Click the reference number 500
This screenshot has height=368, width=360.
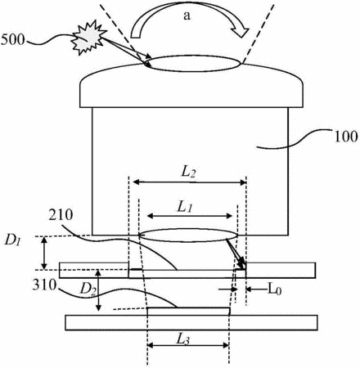pos(12,39)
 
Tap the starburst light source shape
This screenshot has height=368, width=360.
pos(88,38)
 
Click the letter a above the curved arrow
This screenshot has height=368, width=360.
pos(187,16)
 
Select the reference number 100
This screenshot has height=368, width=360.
pos(346,137)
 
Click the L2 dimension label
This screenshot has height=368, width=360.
pos(188,172)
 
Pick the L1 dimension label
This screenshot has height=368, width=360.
pos(185,207)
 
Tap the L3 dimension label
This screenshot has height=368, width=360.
pos(183,339)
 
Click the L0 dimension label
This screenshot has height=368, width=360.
pos(274,289)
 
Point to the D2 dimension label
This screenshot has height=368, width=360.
pos(88,289)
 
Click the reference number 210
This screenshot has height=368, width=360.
pos(61,215)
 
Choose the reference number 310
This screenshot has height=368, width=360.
pos(44,285)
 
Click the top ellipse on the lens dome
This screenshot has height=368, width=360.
pos(193,64)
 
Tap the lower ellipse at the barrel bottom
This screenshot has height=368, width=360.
pos(188,235)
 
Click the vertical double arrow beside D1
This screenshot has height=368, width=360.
pos(44,253)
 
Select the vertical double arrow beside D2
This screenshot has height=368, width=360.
pos(99,290)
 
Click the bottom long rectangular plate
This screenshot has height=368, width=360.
pos(191,323)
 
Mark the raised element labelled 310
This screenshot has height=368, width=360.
pos(188,312)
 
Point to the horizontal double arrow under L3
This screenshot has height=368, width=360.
pos(188,346)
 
